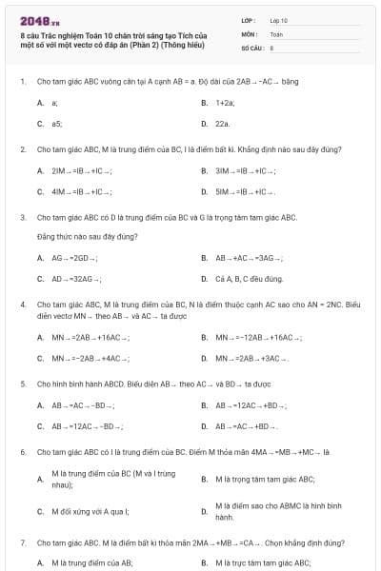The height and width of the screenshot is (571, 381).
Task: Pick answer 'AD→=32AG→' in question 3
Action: [75, 279]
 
